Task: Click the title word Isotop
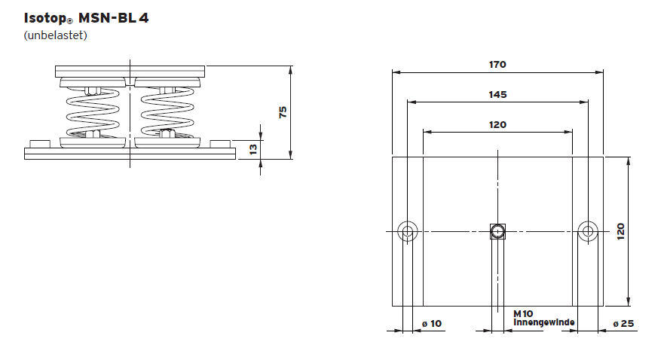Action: pos(46,18)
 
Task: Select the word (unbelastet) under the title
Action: pos(56,35)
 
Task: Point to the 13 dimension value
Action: pos(253,149)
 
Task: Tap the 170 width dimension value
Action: pos(497,65)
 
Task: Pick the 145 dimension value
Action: pos(497,94)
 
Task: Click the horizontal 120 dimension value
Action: pos(497,124)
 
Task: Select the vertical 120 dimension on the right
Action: pos(621,230)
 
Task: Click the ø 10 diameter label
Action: pos(432,323)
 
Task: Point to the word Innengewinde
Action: pos(544,322)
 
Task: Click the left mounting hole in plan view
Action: pos(408,230)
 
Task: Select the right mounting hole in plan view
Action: pos(587,230)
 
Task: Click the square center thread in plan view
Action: pos(497,230)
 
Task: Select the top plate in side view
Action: pos(130,72)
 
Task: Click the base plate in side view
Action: pos(130,154)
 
